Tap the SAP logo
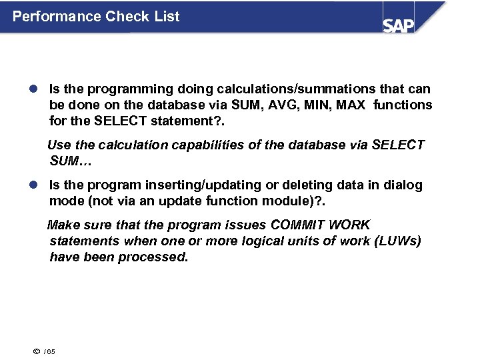398,25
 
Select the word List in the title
166,17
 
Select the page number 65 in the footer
51,351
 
